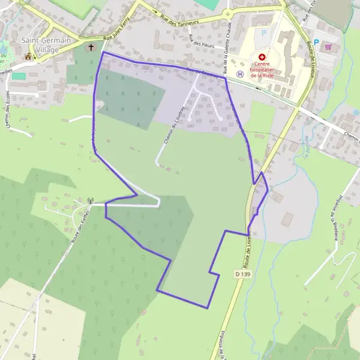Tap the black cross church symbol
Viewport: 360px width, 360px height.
[92, 47]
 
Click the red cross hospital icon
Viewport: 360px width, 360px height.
[262, 56]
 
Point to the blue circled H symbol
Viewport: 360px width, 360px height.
[240, 74]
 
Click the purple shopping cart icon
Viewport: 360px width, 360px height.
[328, 46]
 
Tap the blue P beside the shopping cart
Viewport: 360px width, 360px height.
[316, 43]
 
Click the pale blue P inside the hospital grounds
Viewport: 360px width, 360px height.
[263, 34]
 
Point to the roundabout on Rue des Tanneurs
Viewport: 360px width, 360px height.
[227, 13]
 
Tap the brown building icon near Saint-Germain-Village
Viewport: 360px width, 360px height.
[28, 56]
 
